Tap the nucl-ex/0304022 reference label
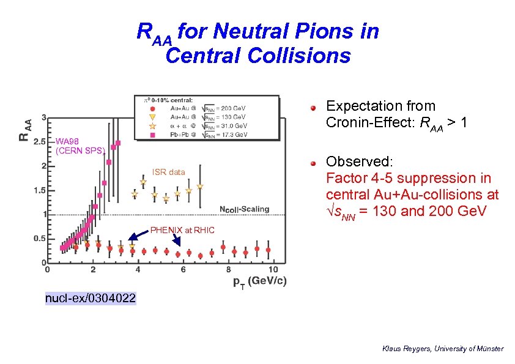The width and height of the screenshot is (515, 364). [x=91, y=299]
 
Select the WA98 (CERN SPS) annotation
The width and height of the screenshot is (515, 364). [x=80, y=146]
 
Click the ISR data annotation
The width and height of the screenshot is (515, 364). [x=168, y=172]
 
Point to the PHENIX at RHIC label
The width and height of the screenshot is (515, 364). [x=183, y=230]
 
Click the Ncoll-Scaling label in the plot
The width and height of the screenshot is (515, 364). [x=244, y=209]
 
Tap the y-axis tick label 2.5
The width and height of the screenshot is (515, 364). [x=40, y=141]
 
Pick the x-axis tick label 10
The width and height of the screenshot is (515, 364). [x=273, y=270]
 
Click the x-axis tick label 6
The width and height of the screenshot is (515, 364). [x=183, y=270]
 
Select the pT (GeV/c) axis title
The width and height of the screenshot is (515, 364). [x=259, y=281]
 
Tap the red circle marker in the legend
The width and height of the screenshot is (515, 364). [x=153, y=108]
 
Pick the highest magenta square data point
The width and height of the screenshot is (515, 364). [x=118, y=143]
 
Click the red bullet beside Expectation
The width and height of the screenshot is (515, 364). [x=313, y=107]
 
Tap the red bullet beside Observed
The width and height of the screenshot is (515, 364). [x=313, y=163]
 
